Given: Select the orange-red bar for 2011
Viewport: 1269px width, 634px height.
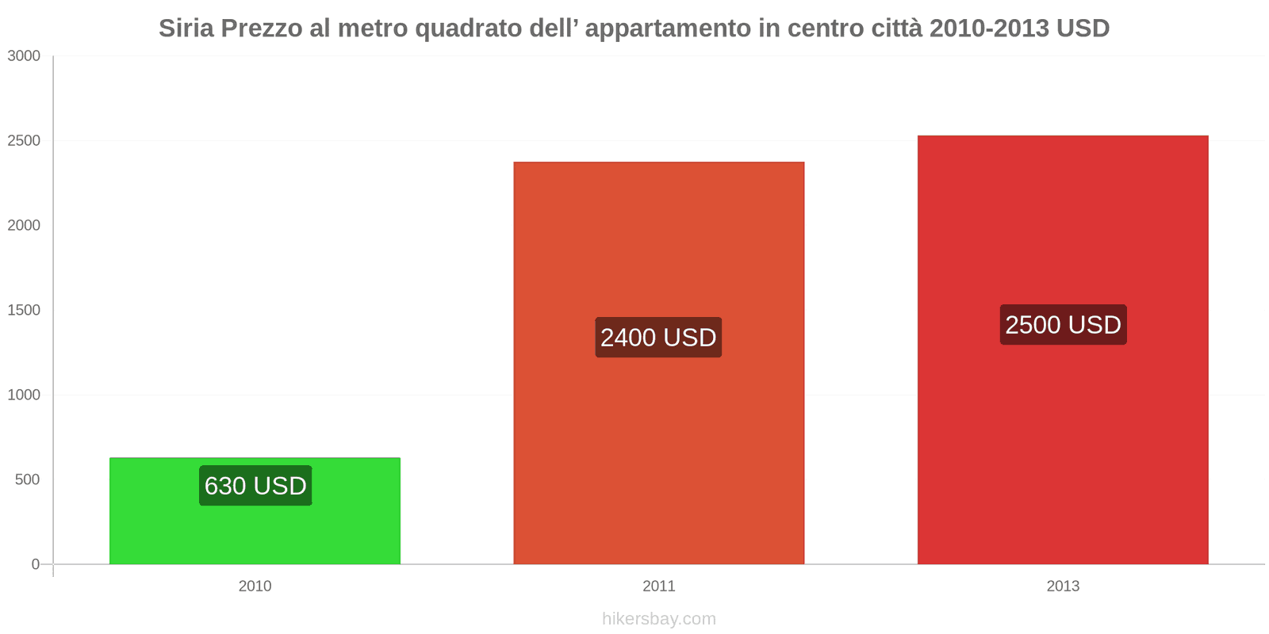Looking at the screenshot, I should [658, 444].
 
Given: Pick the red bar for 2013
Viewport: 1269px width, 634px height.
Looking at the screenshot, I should [1063, 444].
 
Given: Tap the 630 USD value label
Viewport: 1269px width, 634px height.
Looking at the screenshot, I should [255, 486].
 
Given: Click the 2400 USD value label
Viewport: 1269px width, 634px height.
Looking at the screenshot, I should [658, 338].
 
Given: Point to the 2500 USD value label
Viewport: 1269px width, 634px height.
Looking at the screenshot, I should [1063, 325].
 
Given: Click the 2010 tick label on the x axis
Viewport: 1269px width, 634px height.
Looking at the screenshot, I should [255, 586].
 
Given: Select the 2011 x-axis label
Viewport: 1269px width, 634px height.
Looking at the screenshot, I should [658, 586].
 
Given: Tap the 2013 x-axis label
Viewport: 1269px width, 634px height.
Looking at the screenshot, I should [1063, 586].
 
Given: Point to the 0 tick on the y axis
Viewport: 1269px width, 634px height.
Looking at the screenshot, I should [35, 564].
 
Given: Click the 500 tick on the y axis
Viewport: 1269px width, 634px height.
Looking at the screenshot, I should [27, 479].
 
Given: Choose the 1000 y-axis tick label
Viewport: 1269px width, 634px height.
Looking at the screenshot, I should [24, 395].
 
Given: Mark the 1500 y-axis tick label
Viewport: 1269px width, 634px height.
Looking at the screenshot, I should [24, 310].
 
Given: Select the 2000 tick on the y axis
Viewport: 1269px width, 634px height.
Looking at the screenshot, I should [24, 225].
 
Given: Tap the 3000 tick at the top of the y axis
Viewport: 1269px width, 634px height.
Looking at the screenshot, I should [24, 55].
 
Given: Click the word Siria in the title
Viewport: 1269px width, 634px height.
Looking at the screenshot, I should [186, 29].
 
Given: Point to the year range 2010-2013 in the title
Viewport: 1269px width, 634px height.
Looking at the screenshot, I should [988, 29].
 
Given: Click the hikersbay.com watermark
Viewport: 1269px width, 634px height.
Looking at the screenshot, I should [658, 619].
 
